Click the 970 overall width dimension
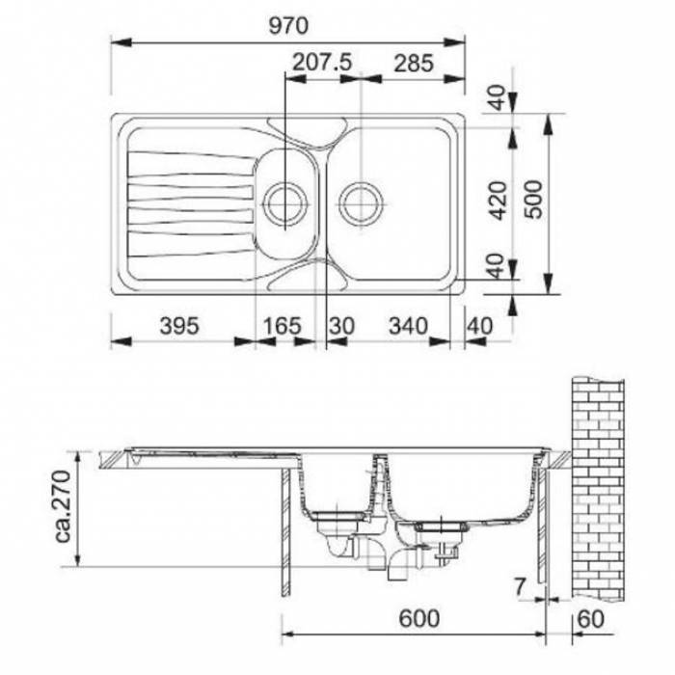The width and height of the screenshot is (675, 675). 288,26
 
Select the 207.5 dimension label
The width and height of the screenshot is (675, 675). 322,63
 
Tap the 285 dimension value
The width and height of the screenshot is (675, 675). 414,64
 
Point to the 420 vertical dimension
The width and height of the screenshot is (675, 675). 499,201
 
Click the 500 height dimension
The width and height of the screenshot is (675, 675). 534,200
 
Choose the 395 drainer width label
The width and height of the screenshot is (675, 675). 179,326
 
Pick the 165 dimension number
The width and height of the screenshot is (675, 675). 282,326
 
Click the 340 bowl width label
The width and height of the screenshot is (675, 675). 408,326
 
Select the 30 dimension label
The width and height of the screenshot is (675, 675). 341,326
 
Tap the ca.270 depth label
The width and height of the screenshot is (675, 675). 64,506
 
